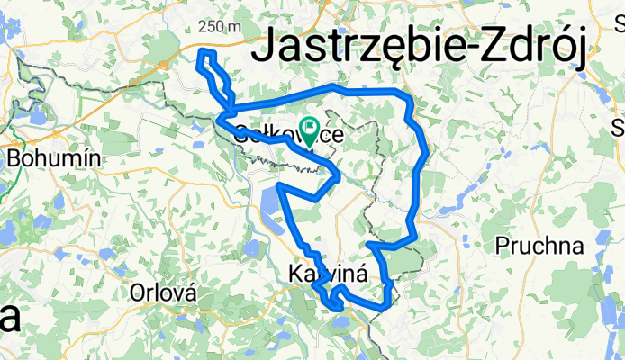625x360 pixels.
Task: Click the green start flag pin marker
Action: click(x=309, y=131)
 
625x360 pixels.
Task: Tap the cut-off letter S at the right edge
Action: click(x=620, y=125)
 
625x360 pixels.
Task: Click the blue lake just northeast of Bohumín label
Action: click(x=41, y=118)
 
